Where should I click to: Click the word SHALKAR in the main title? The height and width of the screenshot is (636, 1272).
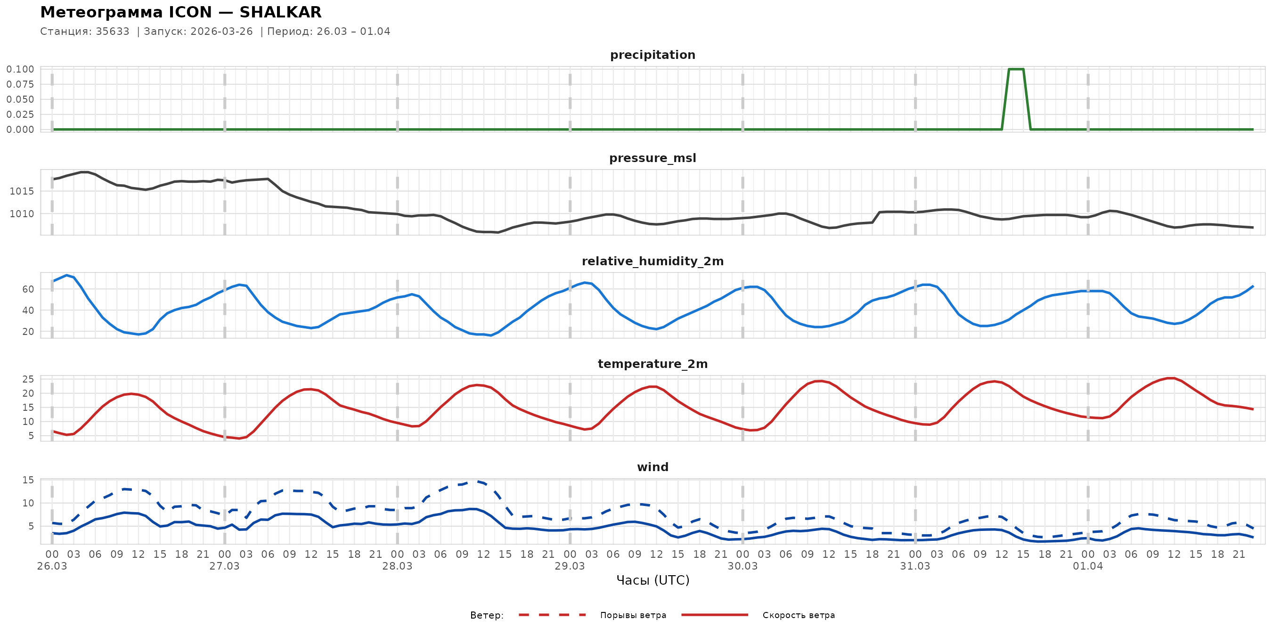(x=280, y=12)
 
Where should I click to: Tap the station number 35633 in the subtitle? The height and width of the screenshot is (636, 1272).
(x=113, y=32)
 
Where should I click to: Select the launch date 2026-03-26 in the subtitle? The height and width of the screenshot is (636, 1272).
(x=222, y=32)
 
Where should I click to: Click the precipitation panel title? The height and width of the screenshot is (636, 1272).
(x=652, y=55)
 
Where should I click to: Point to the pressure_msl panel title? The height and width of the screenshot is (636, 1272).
(x=652, y=158)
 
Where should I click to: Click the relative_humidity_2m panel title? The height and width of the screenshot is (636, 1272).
(x=652, y=261)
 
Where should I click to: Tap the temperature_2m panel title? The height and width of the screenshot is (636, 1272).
(x=652, y=364)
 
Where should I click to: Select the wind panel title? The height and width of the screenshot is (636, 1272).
(x=652, y=467)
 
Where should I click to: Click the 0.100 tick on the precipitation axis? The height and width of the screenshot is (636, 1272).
(x=20, y=69)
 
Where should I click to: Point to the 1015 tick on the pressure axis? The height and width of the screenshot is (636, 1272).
(x=22, y=191)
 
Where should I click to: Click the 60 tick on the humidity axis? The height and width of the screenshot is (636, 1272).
(x=28, y=289)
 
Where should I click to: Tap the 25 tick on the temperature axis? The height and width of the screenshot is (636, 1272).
(x=28, y=379)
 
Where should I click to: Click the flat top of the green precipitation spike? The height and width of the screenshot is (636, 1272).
(x=1016, y=69)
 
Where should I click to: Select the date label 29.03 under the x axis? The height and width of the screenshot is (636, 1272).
(x=570, y=566)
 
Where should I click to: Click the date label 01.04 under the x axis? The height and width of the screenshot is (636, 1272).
(x=1087, y=566)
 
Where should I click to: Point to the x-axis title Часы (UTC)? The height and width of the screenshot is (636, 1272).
(x=652, y=580)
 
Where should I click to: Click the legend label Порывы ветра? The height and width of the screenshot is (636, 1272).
(x=633, y=615)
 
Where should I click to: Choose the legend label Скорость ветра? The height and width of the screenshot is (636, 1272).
(x=799, y=615)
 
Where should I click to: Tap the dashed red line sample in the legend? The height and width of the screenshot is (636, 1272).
(x=552, y=615)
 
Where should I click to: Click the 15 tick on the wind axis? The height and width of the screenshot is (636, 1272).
(x=28, y=480)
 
